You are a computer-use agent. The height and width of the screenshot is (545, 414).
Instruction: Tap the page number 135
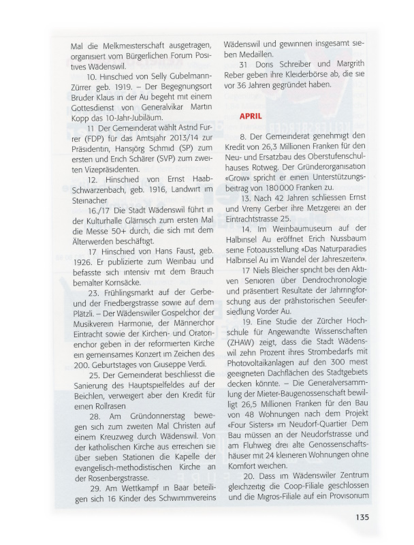tap(362, 516)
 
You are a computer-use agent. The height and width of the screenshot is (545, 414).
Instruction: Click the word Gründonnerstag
tap(138, 414)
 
